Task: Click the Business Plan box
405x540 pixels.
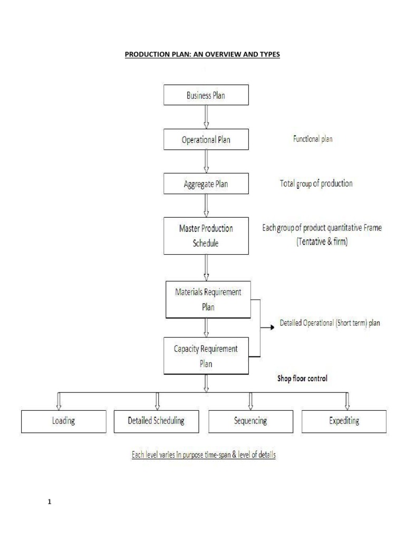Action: tap(206, 96)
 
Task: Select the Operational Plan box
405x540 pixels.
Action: tap(206, 140)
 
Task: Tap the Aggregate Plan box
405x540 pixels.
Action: tap(206, 184)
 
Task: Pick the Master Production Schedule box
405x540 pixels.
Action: tap(206, 235)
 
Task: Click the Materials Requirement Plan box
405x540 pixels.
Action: tap(208, 300)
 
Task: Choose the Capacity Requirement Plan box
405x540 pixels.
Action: tap(206, 356)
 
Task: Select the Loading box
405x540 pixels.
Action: tap(63, 421)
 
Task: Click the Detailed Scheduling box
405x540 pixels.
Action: tap(156, 421)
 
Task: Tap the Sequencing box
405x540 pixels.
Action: tap(250, 421)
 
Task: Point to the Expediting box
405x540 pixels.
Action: tap(344, 421)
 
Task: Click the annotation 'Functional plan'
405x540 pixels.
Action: tap(313, 140)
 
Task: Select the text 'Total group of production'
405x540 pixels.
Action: tap(316, 184)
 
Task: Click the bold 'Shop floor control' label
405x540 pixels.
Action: tap(302, 378)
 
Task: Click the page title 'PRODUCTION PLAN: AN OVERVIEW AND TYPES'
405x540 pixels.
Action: tap(202, 54)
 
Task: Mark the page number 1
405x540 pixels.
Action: tap(49, 502)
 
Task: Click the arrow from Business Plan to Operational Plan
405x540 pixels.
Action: tap(206, 117)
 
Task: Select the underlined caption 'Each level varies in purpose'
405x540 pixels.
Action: tap(203, 455)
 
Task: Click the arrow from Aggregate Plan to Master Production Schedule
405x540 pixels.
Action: tap(206, 206)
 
